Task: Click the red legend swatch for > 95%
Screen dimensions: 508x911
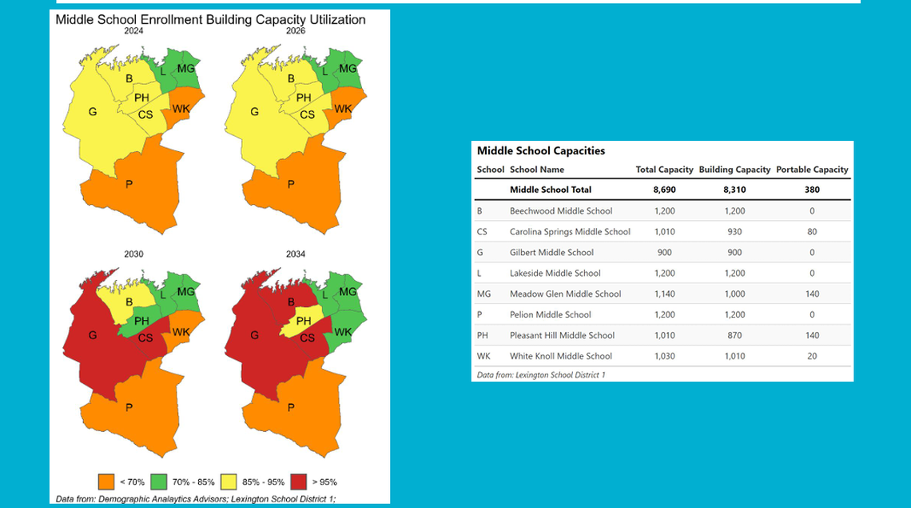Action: coord(300,482)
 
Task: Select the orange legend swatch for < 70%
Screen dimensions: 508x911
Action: coord(106,482)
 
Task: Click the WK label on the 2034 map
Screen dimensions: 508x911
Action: coord(343,332)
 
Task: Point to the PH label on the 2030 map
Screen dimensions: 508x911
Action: coord(141,322)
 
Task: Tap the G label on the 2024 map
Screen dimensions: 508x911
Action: coord(93,112)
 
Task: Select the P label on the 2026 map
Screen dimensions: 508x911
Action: coord(291,185)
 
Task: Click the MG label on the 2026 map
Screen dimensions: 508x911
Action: coord(348,69)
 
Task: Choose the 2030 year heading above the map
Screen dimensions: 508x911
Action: coord(133,254)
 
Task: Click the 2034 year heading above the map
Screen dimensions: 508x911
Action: coord(296,254)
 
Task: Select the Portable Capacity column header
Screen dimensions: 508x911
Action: coord(812,170)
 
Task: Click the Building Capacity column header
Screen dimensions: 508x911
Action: coord(734,170)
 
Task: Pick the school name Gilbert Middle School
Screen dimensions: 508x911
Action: coord(551,253)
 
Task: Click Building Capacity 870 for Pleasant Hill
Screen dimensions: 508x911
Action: coord(734,336)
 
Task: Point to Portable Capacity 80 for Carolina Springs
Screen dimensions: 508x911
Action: coord(812,232)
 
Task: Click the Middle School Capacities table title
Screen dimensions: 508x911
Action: coord(541,150)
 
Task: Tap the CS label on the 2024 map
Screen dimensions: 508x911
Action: coord(145,114)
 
